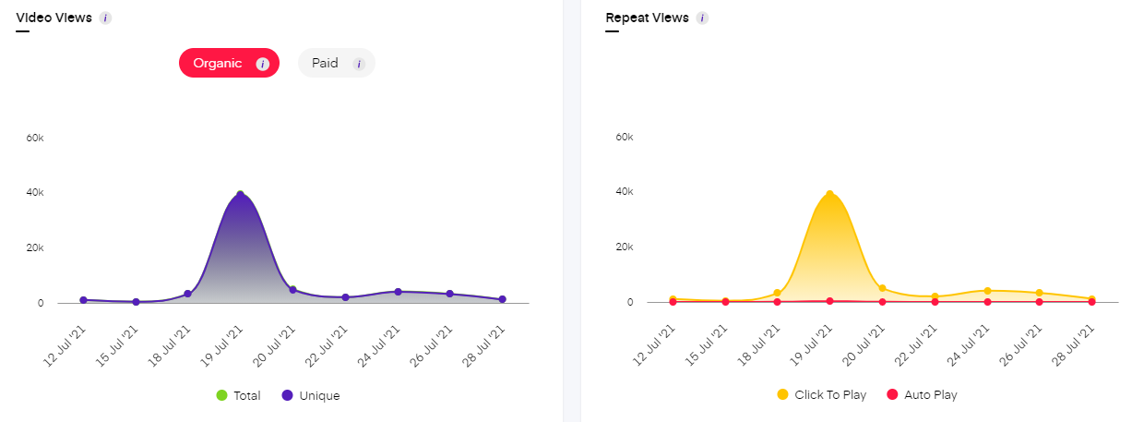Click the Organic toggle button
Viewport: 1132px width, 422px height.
[x=228, y=63]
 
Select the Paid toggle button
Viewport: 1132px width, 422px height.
[x=336, y=63]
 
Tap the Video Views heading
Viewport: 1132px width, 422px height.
[x=54, y=18]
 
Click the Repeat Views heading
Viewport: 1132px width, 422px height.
[x=647, y=18]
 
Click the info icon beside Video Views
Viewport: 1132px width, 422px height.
[x=105, y=18]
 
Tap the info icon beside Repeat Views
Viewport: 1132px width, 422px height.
[x=702, y=18]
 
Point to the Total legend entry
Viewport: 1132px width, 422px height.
[x=238, y=395]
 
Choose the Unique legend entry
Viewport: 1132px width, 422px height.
[x=311, y=395]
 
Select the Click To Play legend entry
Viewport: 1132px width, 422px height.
[x=822, y=394]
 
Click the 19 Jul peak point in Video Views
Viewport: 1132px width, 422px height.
[x=240, y=196]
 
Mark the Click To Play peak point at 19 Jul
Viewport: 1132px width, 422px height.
[x=830, y=194]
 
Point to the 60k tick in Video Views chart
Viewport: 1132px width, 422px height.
[x=34, y=138]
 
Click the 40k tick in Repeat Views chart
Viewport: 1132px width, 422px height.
[x=624, y=192]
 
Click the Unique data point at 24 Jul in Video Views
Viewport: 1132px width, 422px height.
[x=398, y=292]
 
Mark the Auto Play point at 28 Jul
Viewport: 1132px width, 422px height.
[x=1091, y=302]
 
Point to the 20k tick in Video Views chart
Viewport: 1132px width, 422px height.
[x=34, y=248]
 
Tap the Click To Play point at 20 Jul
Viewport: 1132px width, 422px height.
[x=882, y=288]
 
